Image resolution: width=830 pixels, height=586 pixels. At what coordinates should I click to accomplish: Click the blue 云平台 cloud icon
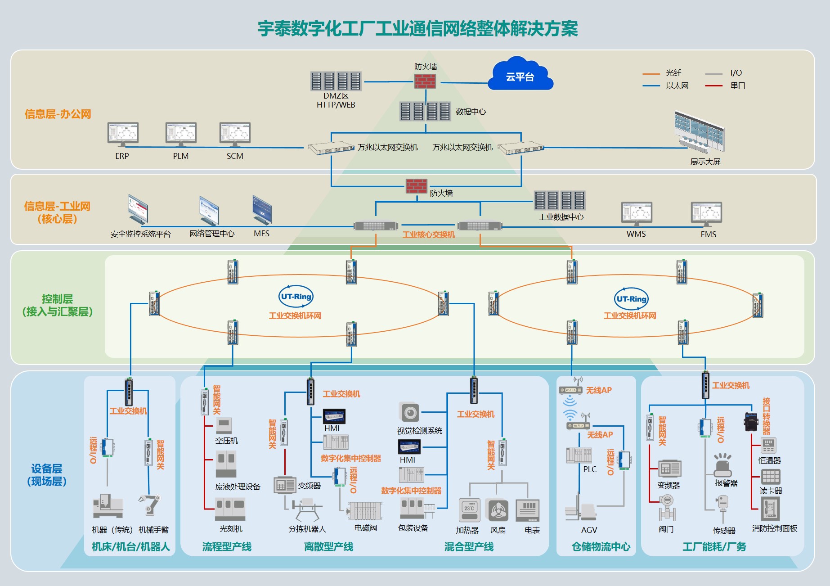[x=520, y=75]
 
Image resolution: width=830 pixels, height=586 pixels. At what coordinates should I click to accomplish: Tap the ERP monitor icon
[x=123, y=134]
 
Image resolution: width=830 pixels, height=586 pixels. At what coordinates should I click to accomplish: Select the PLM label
[x=181, y=156]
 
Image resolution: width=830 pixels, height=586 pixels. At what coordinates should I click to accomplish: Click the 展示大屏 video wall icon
[x=700, y=132]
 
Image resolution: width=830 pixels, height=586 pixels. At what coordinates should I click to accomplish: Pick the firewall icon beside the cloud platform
[x=425, y=81]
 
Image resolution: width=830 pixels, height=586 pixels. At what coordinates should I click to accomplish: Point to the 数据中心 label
[x=471, y=112]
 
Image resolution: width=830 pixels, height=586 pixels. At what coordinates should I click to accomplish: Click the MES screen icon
[x=262, y=210]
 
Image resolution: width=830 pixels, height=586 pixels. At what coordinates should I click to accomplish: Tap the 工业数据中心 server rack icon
[x=560, y=200]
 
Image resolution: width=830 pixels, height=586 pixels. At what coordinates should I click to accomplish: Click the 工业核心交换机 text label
[x=428, y=234]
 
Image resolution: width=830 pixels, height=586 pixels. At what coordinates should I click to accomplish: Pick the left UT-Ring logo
[x=296, y=297]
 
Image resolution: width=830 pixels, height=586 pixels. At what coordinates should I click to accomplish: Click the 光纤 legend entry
[x=673, y=73]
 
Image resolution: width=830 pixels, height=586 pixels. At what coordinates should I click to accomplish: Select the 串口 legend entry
[x=737, y=86]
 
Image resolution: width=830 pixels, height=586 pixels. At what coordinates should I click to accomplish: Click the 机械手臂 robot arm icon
[x=150, y=505]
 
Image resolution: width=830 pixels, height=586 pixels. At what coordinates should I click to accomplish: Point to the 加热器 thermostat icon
[x=469, y=510]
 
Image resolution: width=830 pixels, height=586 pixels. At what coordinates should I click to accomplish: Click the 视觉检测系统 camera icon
[x=409, y=413]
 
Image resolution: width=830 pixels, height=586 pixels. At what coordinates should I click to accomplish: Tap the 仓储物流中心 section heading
[x=601, y=547]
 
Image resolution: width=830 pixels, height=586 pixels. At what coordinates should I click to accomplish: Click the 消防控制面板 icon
[x=770, y=509]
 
